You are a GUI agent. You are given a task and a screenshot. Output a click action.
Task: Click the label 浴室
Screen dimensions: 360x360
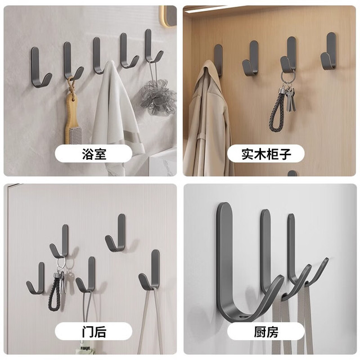[94, 154]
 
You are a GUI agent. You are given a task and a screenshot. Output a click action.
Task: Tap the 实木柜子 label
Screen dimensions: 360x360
[266, 154]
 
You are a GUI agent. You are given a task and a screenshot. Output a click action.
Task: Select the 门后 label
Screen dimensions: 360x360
[94, 332]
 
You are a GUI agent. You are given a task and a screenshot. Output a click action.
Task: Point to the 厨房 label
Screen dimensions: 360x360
[266, 332]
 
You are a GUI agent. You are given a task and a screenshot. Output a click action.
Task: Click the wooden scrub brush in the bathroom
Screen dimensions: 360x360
[71, 115]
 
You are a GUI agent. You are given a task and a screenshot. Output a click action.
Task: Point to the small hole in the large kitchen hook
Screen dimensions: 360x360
[243, 316]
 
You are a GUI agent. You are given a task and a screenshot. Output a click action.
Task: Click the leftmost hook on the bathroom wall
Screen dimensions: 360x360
[37, 69]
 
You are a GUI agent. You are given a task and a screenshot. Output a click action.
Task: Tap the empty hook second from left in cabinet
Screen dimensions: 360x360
[251, 59]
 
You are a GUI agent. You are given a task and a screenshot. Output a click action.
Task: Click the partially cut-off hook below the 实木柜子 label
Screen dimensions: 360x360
[292, 173]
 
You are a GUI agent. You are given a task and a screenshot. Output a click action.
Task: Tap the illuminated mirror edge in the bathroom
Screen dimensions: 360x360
[163, 16]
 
